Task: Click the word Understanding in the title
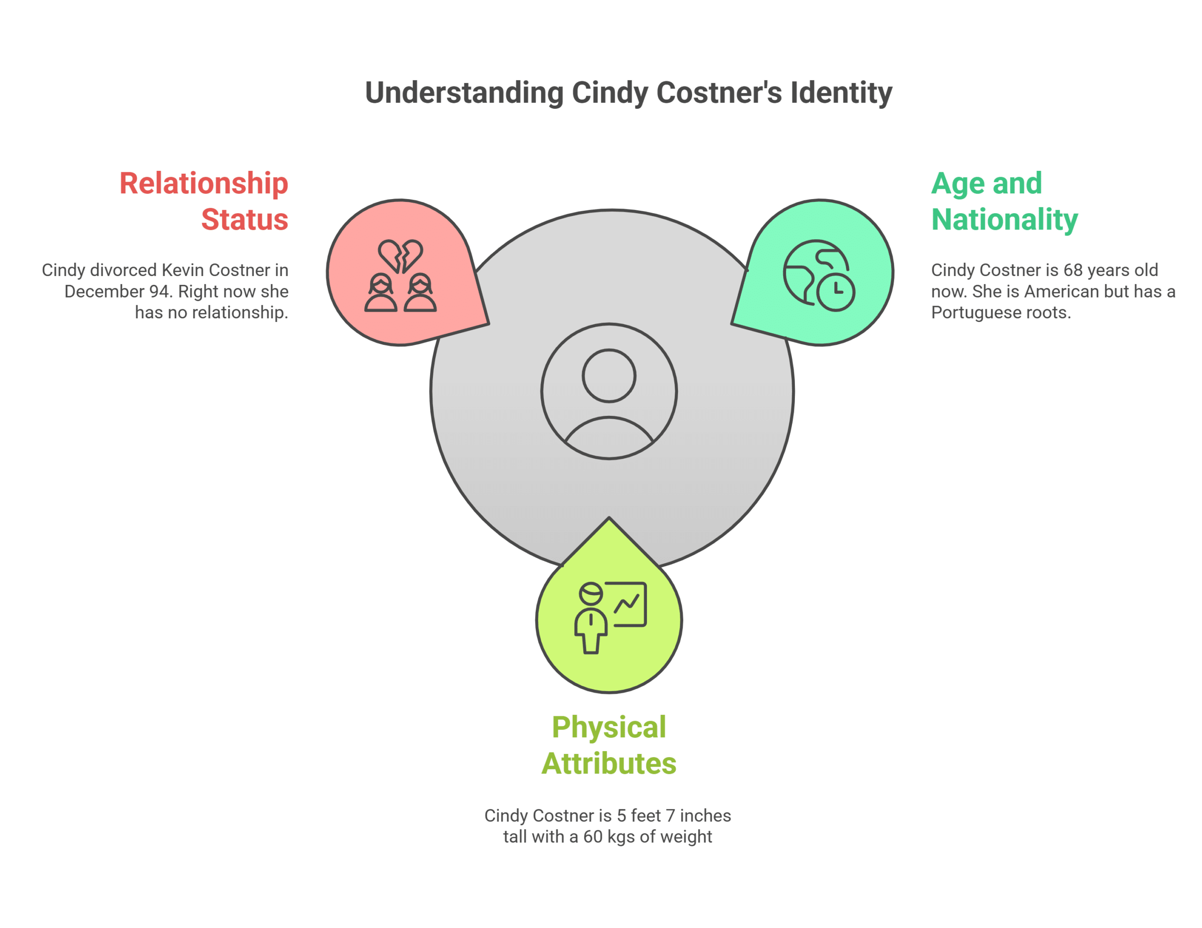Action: click(464, 92)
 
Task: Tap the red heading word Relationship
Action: click(204, 183)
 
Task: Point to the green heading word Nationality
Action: click(1004, 220)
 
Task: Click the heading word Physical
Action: click(609, 727)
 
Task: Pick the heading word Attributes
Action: click(609, 764)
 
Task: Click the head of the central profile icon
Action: click(609, 376)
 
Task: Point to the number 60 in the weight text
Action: click(593, 836)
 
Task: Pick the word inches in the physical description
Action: click(705, 815)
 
